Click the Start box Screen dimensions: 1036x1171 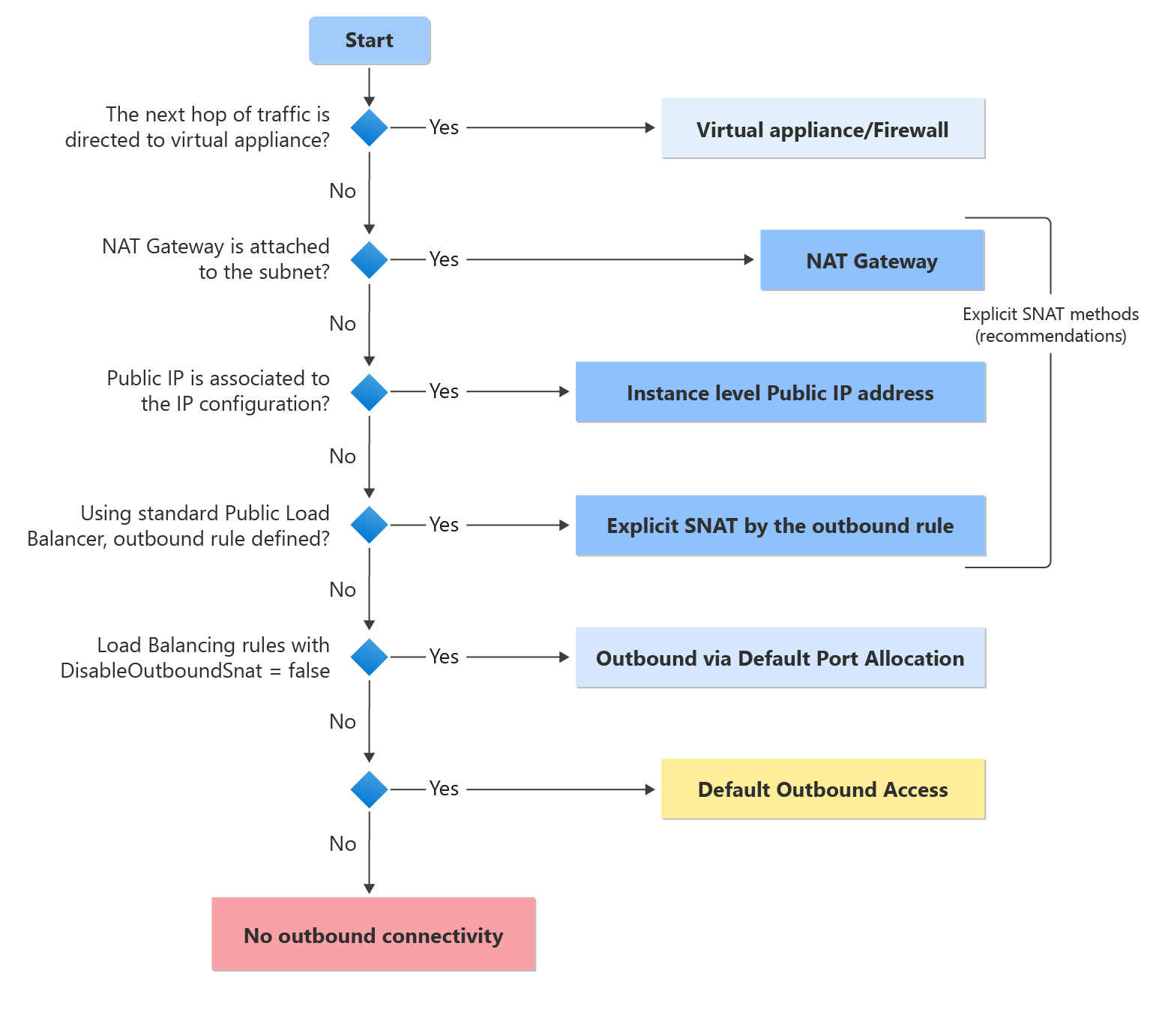[x=370, y=40]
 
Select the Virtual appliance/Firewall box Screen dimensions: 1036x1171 [x=822, y=129]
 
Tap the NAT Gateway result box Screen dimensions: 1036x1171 [x=872, y=260]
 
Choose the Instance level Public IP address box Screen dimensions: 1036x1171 [x=780, y=392]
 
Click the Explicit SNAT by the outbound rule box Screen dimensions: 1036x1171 [x=780, y=525]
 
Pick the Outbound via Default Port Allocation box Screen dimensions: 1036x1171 [x=780, y=657]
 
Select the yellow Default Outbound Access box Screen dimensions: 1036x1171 [x=822, y=789]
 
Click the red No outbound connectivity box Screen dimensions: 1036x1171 [x=373, y=935]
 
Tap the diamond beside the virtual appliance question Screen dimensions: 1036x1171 [x=370, y=127]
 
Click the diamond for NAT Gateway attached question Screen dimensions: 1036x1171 [x=370, y=259]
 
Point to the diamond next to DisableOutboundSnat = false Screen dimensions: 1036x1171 [x=370, y=657]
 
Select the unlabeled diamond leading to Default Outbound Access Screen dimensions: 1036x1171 [x=370, y=789]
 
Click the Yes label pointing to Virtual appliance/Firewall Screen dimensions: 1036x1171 [x=444, y=127]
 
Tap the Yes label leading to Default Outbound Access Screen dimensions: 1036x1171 [x=444, y=789]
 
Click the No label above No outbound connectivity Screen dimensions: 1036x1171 [x=343, y=844]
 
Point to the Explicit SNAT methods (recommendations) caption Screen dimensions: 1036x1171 [x=1050, y=325]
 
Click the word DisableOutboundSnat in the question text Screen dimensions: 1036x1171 [x=161, y=670]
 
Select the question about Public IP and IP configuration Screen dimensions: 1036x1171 [x=218, y=391]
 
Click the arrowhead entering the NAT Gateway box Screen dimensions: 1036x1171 [x=749, y=259]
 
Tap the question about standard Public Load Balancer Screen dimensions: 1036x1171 [x=179, y=525]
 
